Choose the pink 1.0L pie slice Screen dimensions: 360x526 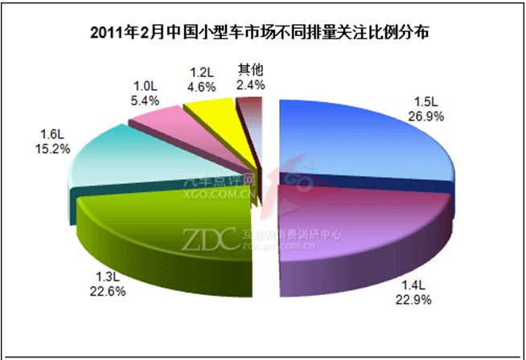157,121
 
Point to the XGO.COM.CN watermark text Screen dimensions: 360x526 220,193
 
